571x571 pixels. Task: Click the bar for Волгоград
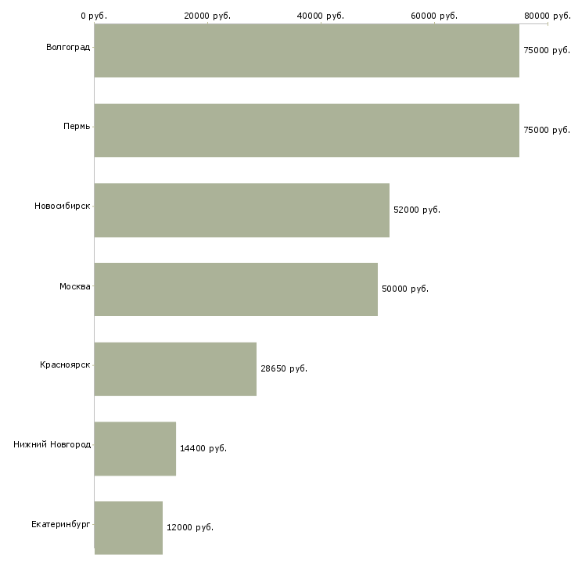(x=307, y=51)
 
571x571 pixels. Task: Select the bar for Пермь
(x=307, y=131)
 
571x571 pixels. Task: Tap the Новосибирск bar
(x=242, y=210)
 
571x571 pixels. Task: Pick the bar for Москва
(x=235, y=289)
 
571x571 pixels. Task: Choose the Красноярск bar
(x=175, y=368)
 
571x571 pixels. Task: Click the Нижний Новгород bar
(x=135, y=448)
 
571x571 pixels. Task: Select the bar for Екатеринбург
(x=128, y=527)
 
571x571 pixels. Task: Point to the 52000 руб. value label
(x=416, y=210)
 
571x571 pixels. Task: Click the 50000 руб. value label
(x=404, y=289)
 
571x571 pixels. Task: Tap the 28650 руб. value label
(x=283, y=368)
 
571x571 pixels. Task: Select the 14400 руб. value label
(x=203, y=448)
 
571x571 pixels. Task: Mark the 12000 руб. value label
(x=189, y=527)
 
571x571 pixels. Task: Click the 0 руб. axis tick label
(x=94, y=16)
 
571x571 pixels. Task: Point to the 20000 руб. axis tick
(x=207, y=16)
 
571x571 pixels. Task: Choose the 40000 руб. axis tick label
(x=321, y=16)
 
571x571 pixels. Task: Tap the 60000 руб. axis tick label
(x=434, y=16)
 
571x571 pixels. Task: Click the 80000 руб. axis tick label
(x=547, y=16)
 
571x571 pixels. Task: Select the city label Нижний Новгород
(x=52, y=444)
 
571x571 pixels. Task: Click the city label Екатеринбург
(x=61, y=524)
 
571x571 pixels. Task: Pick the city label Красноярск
(x=65, y=365)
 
